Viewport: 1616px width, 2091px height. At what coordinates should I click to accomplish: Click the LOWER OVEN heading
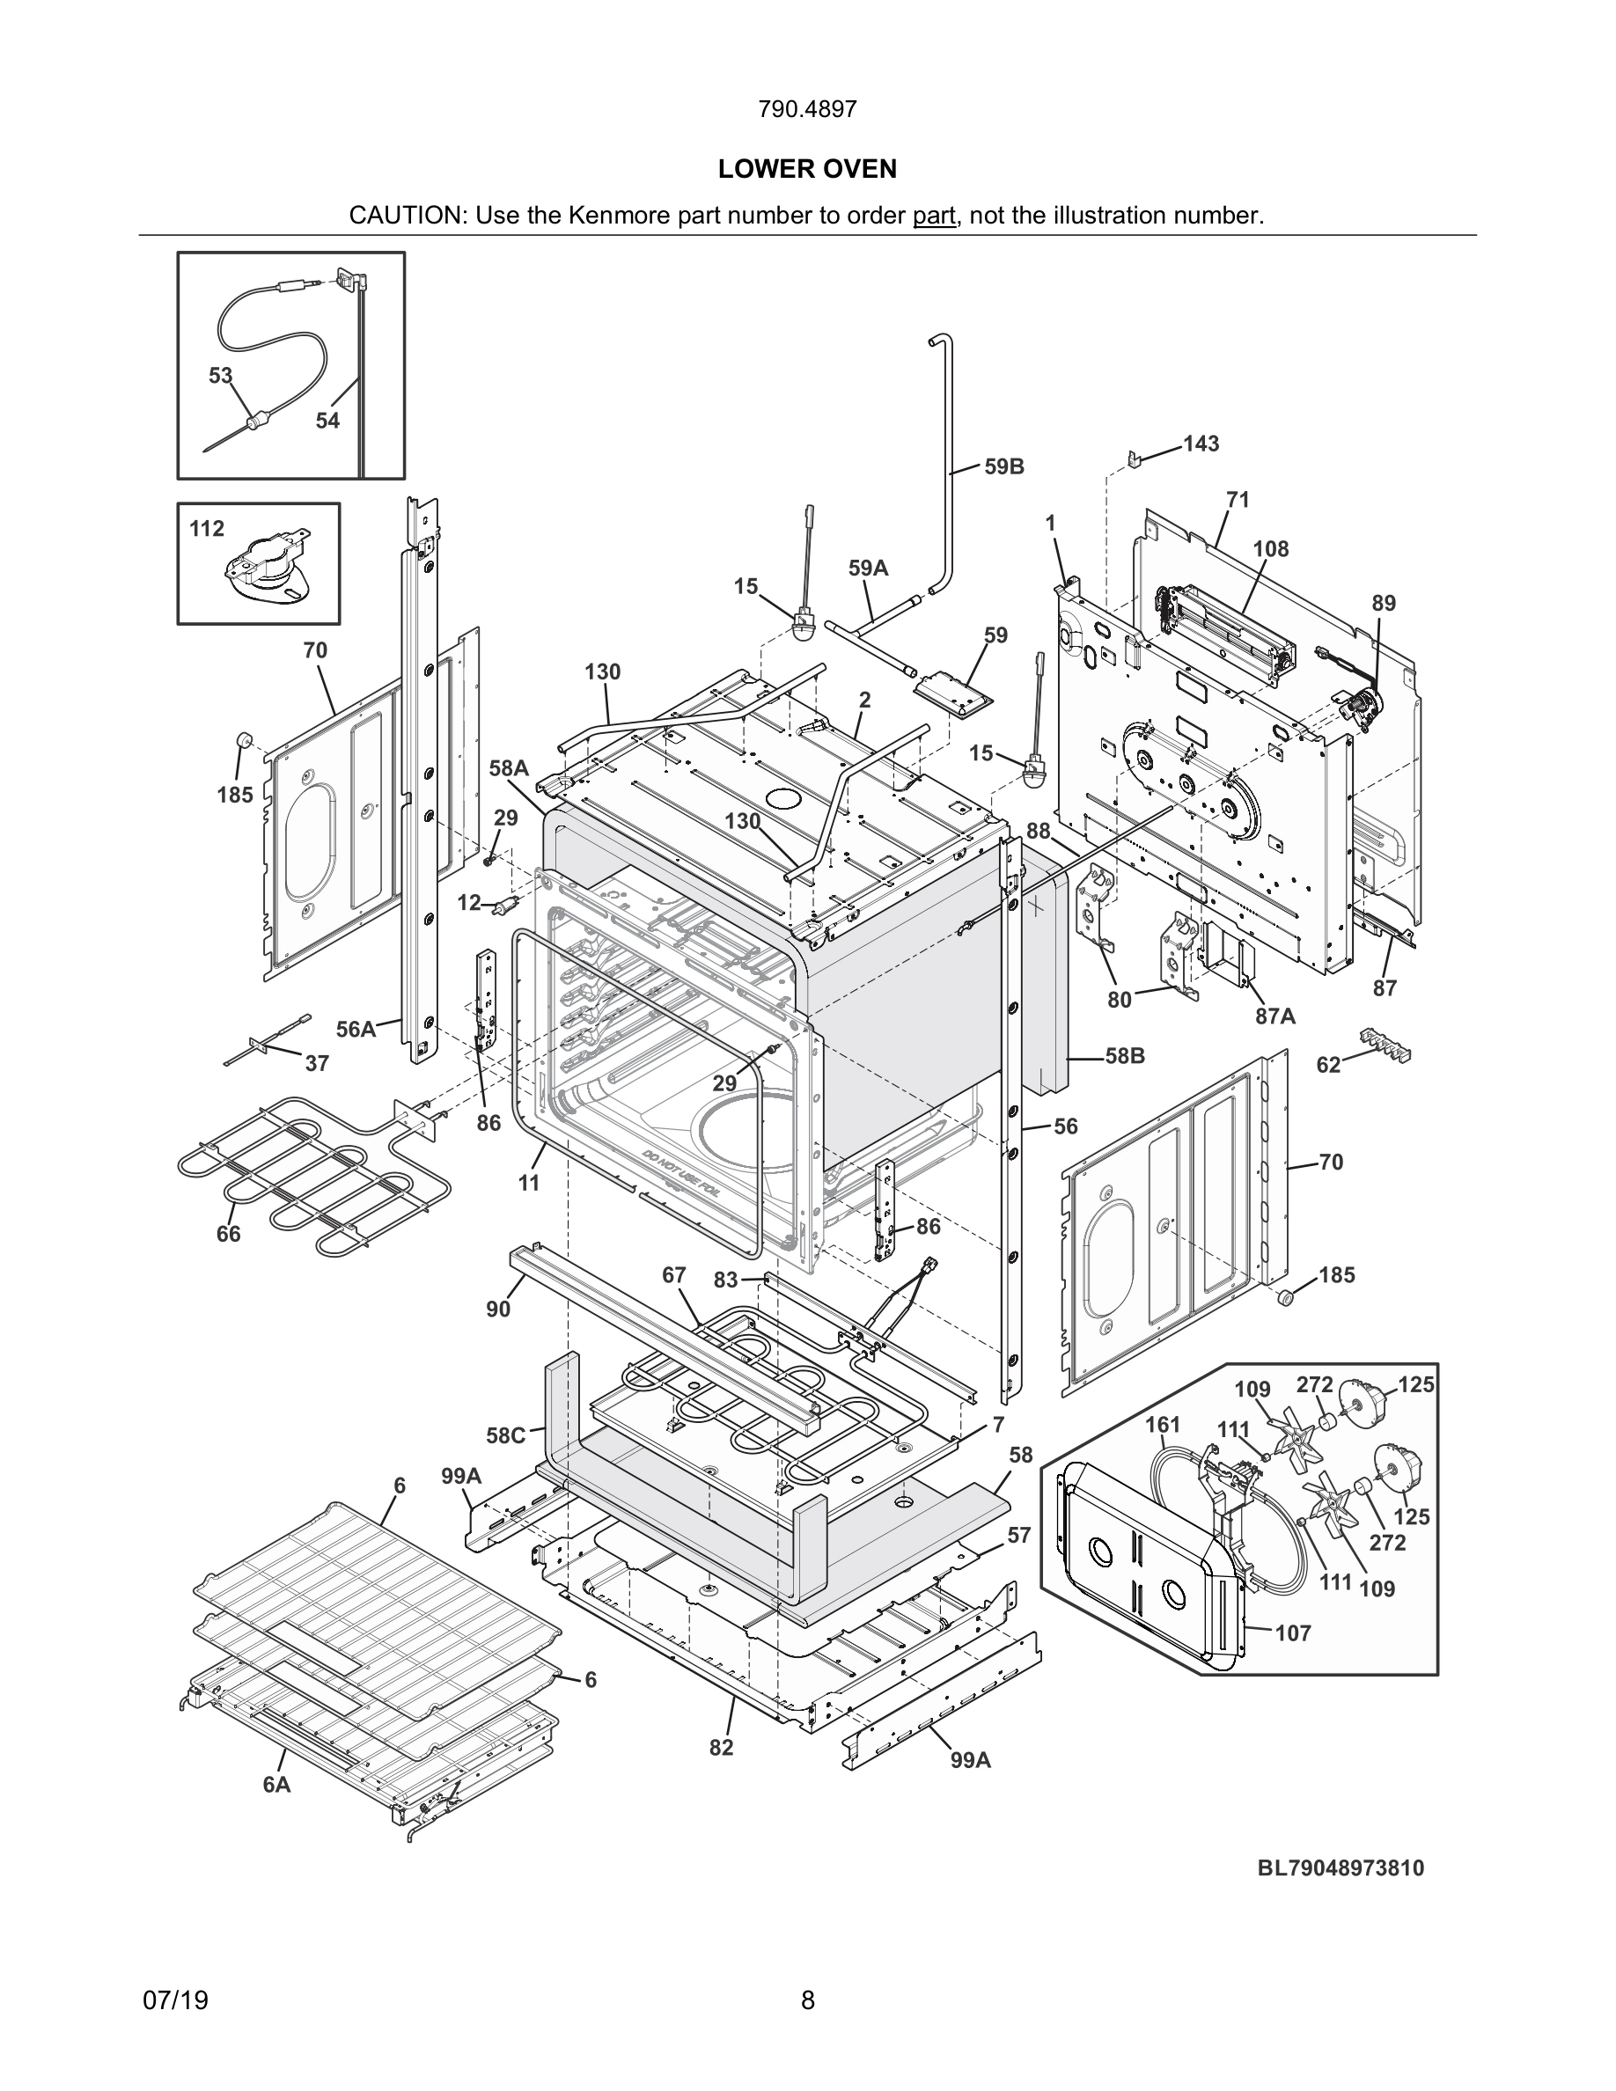tap(807, 170)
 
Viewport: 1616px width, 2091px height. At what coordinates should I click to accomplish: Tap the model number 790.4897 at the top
tap(807, 109)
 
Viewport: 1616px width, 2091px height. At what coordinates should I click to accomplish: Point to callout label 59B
tap(1004, 466)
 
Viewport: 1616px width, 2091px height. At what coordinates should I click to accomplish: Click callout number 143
tap(1201, 444)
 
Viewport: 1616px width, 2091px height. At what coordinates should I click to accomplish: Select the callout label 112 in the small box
tap(207, 529)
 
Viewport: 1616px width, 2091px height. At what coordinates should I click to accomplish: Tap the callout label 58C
tap(505, 1435)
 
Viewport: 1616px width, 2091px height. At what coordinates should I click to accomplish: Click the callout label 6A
tap(276, 1785)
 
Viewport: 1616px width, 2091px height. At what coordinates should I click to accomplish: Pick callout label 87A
tap(1275, 1016)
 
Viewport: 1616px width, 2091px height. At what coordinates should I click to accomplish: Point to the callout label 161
tap(1162, 1425)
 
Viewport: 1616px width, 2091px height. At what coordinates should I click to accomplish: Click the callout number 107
tap(1292, 1633)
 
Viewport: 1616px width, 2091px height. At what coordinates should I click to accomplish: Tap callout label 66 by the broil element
tap(228, 1234)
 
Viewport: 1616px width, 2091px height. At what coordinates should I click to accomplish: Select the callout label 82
tap(721, 1747)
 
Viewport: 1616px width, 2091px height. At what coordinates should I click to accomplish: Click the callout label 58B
tap(1125, 1056)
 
